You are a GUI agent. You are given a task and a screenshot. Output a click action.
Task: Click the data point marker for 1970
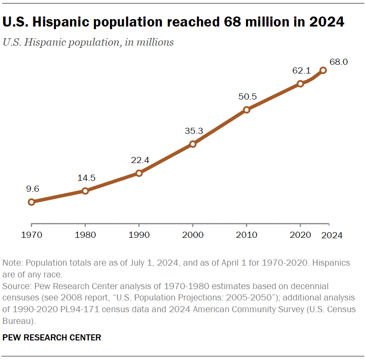(x=31, y=202)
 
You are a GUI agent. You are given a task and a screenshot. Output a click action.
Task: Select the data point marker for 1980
(x=85, y=190)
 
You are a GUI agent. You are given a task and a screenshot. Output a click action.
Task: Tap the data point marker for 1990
(x=139, y=173)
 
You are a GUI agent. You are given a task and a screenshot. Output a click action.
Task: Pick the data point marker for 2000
(x=193, y=144)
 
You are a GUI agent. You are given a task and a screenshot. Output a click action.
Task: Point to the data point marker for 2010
(x=246, y=110)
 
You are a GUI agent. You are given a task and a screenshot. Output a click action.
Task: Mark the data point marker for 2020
(x=300, y=83)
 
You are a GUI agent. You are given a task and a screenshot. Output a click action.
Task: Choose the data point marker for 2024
(x=323, y=70)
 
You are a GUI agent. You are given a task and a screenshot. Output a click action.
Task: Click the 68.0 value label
(x=339, y=62)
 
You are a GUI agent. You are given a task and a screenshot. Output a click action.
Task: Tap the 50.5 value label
(x=248, y=96)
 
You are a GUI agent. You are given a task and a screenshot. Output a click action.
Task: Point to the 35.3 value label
(x=194, y=130)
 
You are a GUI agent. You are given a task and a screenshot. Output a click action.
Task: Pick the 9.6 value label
(x=33, y=188)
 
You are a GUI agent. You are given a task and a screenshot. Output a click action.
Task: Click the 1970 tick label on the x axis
(x=31, y=235)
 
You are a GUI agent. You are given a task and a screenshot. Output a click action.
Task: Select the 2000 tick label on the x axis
(x=193, y=235)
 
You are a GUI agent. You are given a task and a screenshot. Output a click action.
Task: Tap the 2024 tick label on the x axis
(x=332, y=235)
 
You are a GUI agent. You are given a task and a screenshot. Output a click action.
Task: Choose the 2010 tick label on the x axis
(x=246, y=235)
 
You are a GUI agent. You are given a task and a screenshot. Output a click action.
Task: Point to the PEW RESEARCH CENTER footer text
(x=52, y=337)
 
